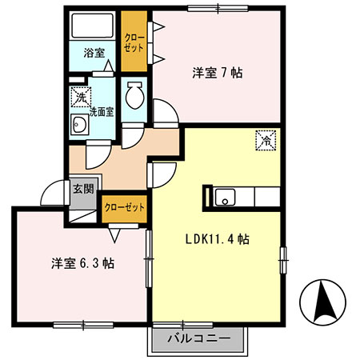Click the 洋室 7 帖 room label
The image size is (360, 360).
pyautogui.click(x=217, y=73)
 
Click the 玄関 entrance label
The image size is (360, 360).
pyautogui.click(x=83, y=189)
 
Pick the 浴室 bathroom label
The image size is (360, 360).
pyautogui.click(x=94, y=54)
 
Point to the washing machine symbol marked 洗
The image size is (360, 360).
pyautogui.click(x=80, y=97)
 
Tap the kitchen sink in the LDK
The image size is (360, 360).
pyautogui.click(x=224, y=196)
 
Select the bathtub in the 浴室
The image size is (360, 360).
pyautogui.click(x=93, y=30)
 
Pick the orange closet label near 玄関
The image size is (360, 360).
pyautogui.click(x=125, y=207)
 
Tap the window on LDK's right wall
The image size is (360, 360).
pyautogui.click(x=282, y=260)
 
